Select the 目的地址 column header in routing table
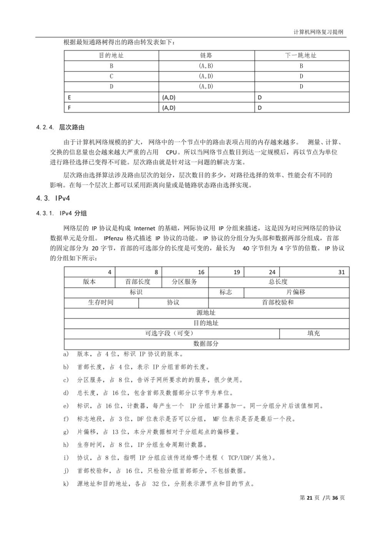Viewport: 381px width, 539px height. pos(111,55)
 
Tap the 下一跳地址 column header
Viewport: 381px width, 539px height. pos(301,55)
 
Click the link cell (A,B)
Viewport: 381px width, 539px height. pos(206,66)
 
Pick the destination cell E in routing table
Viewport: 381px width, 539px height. pos(70,97)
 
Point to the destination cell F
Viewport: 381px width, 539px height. pos(70,108)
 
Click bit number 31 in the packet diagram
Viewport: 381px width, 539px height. pos(341,272)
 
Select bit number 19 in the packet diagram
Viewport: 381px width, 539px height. pos(237,272)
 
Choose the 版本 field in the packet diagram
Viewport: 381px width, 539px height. pos(89,282)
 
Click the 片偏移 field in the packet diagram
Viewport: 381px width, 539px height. pos(296,292)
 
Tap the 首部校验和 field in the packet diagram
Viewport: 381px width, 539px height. pos(278,303)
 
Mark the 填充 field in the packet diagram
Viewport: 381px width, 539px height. pos(314,333)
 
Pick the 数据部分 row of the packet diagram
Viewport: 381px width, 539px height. pos(206,343)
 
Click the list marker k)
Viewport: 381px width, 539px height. pos(66,483)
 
